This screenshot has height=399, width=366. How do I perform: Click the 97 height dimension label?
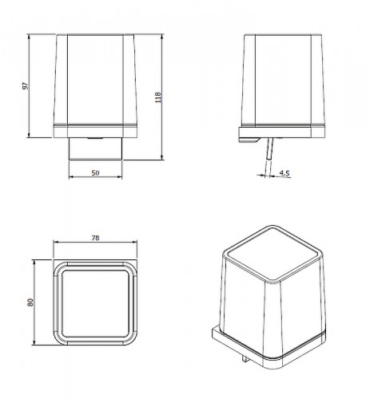pyautogui.click(x=25, y=86)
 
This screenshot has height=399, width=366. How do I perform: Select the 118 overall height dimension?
pyautogui.click(x=158, y=97)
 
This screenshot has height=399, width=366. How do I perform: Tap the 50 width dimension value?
pyautogui.click(x=95, y=172)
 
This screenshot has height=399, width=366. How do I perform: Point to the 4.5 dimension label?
pyautogui.click(x=284, y=173)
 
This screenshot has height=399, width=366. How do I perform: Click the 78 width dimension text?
pyautogui.click(x=95, y=238)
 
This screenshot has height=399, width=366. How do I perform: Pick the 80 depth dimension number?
pyautogui.click(x=30, y=302)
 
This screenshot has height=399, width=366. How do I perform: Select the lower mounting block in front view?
pyautogui.click(x=95, y=148)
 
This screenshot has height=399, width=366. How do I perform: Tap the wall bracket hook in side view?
pyautogui.click(x=249, y=140)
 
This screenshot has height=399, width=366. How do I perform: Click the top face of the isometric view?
pyautogui.click(x=273, y=253)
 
